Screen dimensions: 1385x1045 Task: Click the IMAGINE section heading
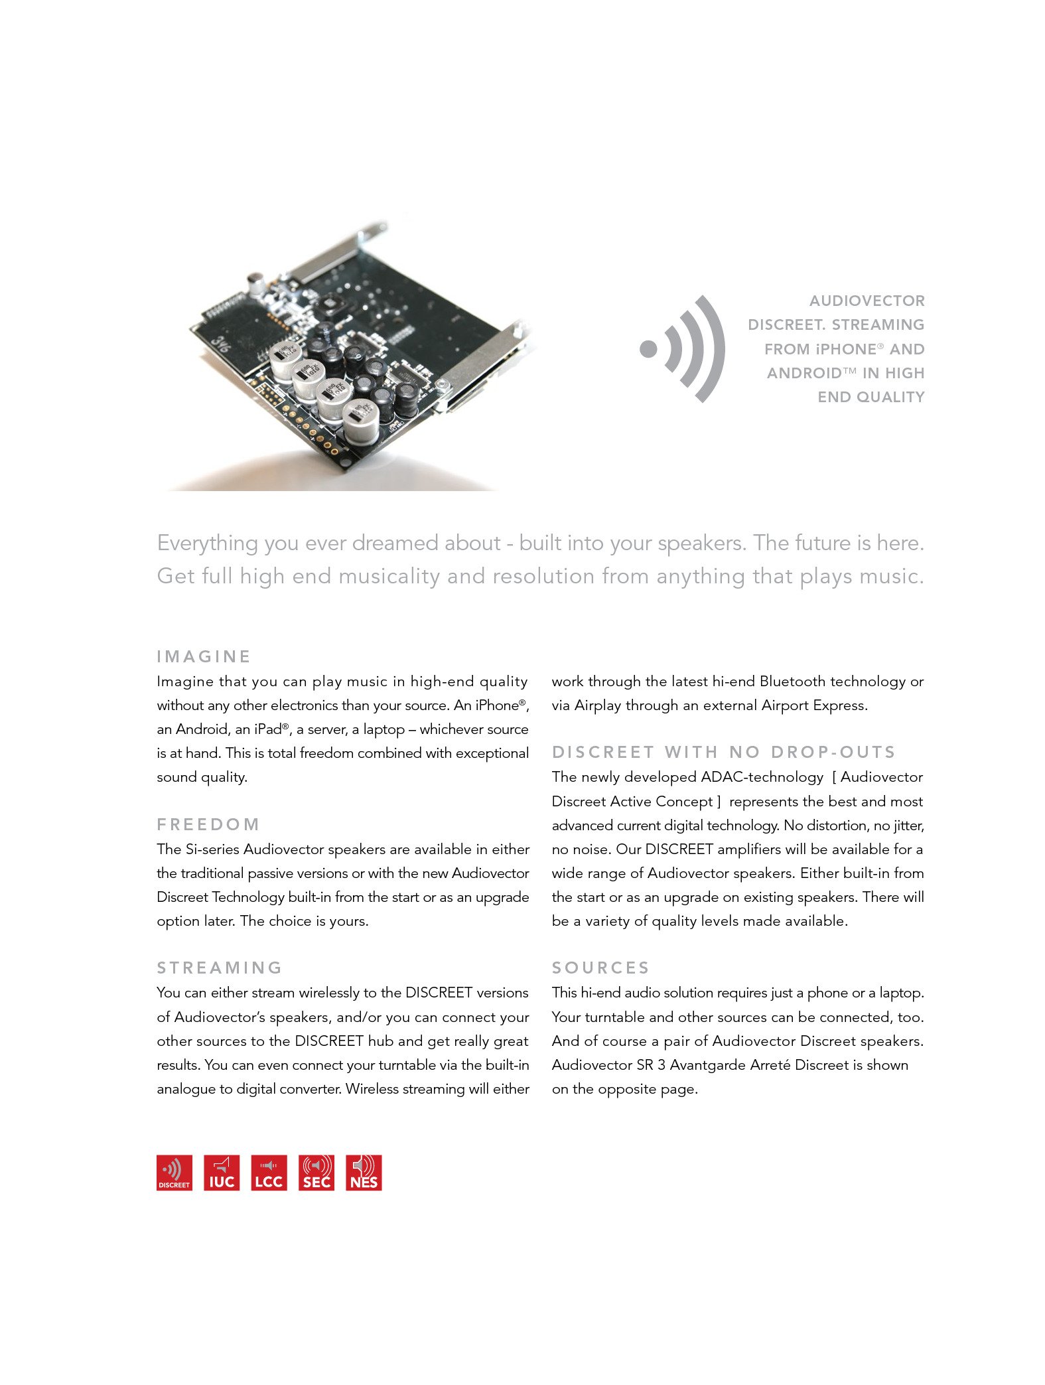[x=204, y=656]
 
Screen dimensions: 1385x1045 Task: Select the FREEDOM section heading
[x=208, y=824]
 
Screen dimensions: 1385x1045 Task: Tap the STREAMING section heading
[x=220, y=968]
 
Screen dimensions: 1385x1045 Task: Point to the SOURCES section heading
[x=600, y=968]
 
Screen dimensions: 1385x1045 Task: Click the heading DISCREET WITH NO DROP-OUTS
[x=723, y=752]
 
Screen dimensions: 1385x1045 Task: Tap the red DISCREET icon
[x=174, y=1173]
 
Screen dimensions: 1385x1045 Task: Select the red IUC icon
[x=222, y=1173]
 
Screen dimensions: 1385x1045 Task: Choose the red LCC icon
[x=269, y=1173]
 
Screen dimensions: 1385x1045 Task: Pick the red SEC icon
[x=316, y=1173]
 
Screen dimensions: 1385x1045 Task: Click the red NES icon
[x=364, y=1173]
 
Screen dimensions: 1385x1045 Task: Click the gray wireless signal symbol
[x=683, y=349]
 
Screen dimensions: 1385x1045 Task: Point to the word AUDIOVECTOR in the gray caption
[x=867, y=301]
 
